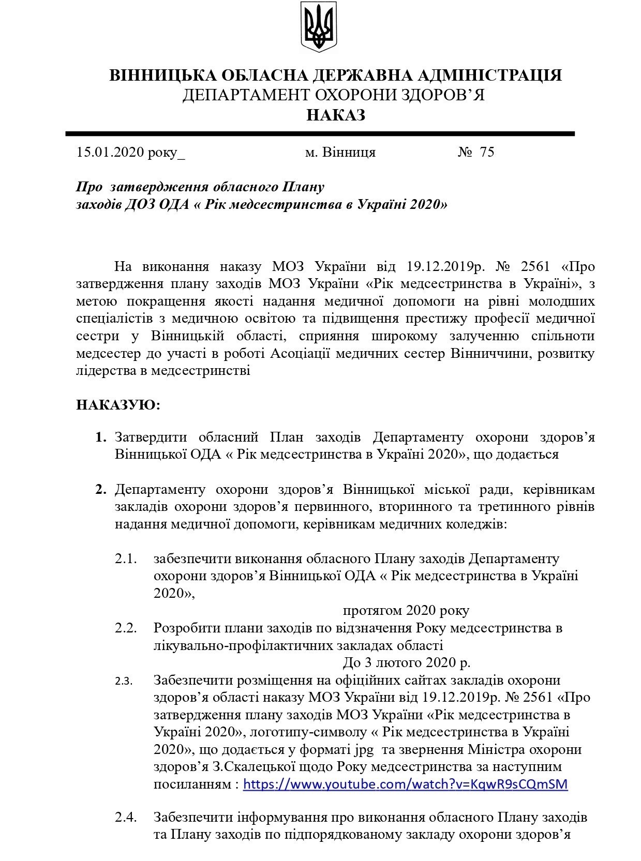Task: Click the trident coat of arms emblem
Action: tap(319, 27)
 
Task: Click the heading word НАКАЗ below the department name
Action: tap(336, 115)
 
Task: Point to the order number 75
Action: tap(487, 152)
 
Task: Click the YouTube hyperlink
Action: tap(405, 784)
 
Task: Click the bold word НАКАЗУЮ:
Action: tap(118, 405)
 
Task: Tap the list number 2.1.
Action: tap(126, 559)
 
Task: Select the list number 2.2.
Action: tap(126, 628)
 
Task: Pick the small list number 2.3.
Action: tap(124, 681)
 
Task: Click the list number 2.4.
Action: tap(126, 818)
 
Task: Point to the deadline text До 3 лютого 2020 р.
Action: tap(406, 662)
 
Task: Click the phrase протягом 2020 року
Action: tap(406, 611)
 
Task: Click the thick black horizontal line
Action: tap(320, 134)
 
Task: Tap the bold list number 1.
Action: tap(101, 437)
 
